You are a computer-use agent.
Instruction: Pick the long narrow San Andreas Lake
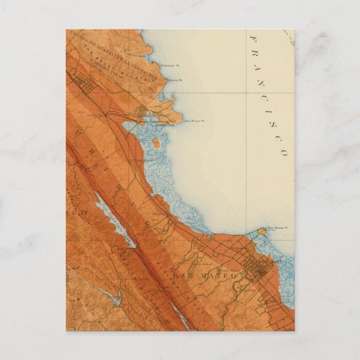(x=114, y=218)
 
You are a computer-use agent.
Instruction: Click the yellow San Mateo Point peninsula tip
(x=262, y=230)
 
